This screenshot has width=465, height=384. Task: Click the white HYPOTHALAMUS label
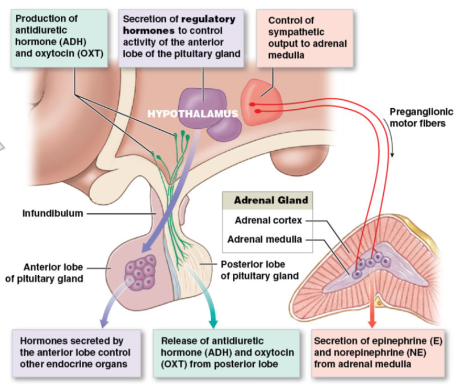(192, 113)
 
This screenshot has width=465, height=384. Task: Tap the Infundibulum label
(52, 214)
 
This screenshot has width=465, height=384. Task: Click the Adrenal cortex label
(268, 221)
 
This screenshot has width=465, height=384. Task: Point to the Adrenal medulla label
(265, 240)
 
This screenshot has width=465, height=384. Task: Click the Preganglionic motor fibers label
(421, 117)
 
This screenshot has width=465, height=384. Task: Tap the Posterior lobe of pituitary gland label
(259, 270)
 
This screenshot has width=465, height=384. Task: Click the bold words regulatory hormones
(179, 25)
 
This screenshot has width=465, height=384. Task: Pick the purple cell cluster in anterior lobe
(140, 272)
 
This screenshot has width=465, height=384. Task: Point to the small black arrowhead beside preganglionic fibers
(393, 155)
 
